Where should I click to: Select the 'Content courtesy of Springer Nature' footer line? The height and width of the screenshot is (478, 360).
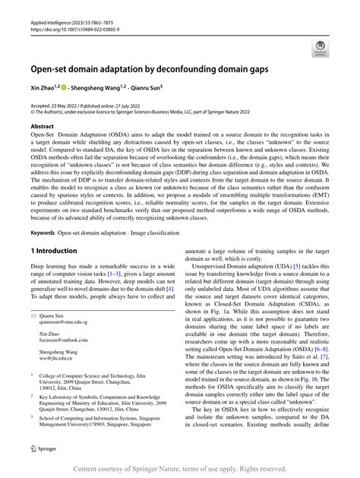click(x=180, y=467)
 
